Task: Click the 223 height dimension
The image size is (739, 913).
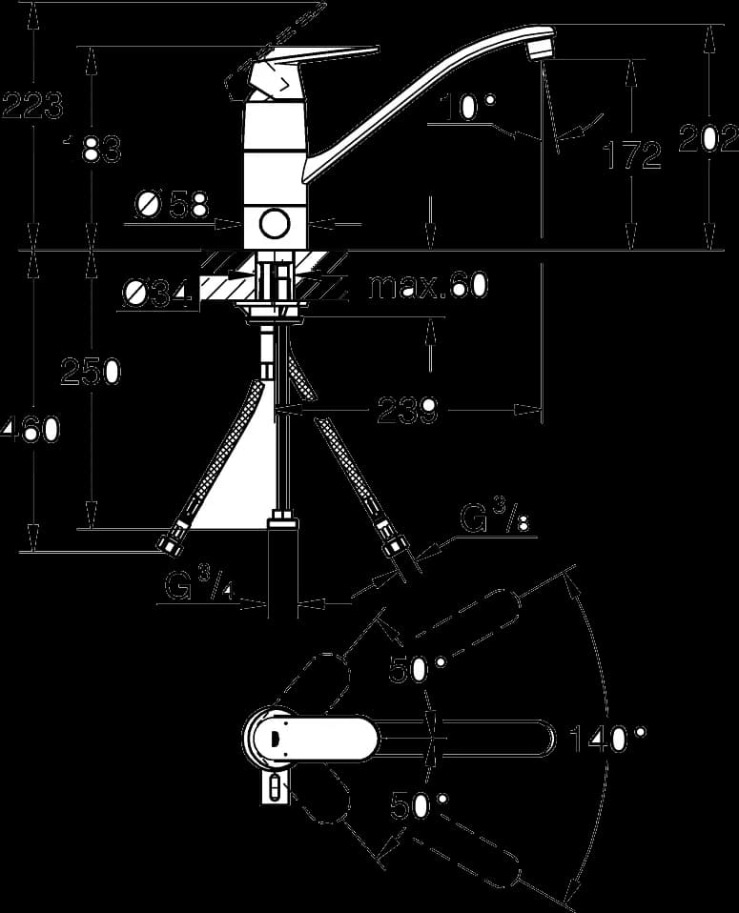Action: pyautogui.click(x=32, y=106)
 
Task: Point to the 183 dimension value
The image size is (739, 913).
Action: pyautogui.click(x=92, y=149)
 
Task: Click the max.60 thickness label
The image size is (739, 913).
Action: pyautogui.click(x=428, y=285)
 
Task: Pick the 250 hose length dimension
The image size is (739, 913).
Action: pyautogui.click(x=91, y=371)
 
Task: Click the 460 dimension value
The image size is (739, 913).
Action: pyautogui.click(x=31, y=431)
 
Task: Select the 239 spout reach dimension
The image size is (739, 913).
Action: pyautogui.click(x=407, y=411)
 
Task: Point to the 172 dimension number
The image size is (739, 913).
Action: pyautogui.click(x=632, y=155)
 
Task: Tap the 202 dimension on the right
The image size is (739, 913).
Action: pyautogui.click(x=708, y=138)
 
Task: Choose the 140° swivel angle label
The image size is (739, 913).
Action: pyautogui.click(x=607, y=740)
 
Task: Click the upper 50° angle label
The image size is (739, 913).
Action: pyautogui.click(x=418, y=668)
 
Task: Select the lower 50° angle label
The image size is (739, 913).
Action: pyautogui.click(x=419, y=806)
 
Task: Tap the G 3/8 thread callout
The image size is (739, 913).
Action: pyautogui.click(x=495, y=517)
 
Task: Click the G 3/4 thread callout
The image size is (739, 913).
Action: pyautogui.click(x=199, y=585)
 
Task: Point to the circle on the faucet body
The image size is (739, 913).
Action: pyautogui.click(x=275, y=224)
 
